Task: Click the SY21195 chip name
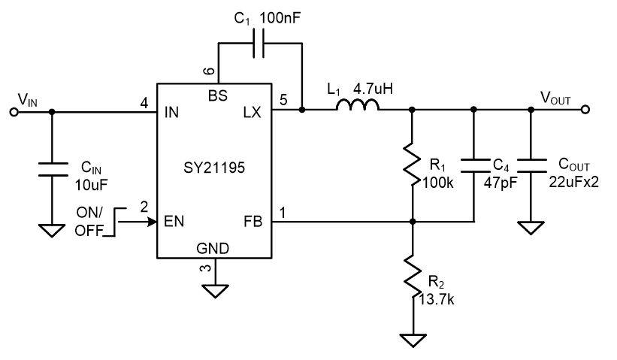point(214,168)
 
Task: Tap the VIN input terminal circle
point(14,113)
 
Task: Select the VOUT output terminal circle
point(585,110)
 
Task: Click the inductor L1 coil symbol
point(358,104)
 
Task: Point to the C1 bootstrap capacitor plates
point(258,43)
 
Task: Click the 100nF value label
point(280,18)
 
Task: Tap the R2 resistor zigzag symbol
point(413,277)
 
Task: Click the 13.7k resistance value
point(437,299)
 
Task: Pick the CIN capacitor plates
point(52,169)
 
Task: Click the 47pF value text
point(501,183)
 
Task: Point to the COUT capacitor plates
point(531,165)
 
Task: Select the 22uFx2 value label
point(573,182)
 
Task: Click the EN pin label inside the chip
point(174,222)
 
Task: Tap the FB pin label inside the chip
point(253,222)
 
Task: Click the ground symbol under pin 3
point(215,291)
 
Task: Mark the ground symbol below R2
point(413,340)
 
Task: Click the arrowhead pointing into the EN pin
point(152,222)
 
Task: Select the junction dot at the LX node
point(302,110)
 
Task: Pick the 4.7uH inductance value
point(373,89)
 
